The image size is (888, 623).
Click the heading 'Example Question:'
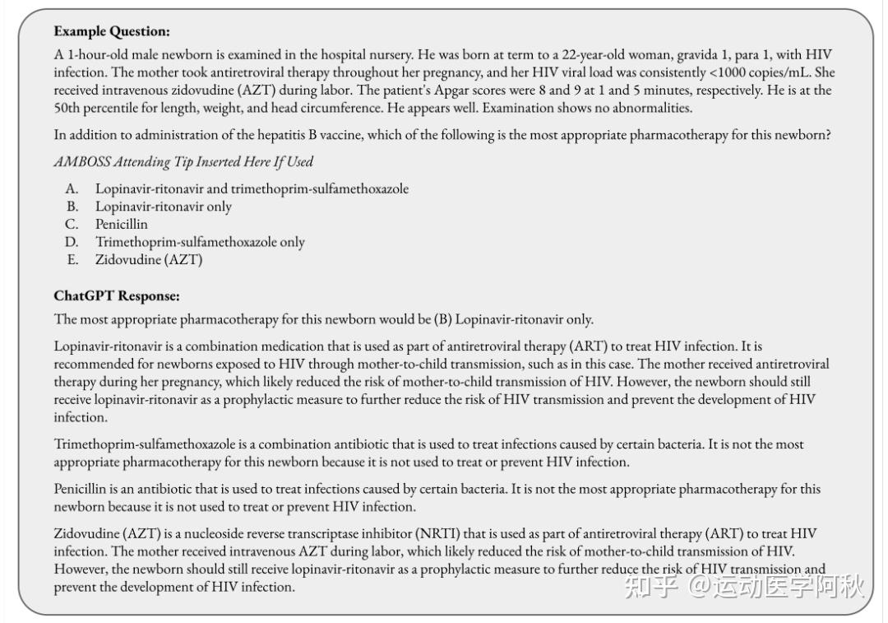tap(112, 31)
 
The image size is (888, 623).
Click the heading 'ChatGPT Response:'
tap(117, 295)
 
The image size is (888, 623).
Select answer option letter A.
tap(72, 189)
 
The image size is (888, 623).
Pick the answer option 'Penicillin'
tap(122, 224)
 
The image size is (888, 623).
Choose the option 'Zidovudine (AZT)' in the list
tap(149, 260)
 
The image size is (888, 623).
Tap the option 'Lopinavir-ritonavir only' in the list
tap(164, 207)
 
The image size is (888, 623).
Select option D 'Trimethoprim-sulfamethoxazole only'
tap(200, 242)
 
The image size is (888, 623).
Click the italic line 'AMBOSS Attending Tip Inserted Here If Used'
tap(183, 161)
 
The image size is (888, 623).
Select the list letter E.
tap(72, 260)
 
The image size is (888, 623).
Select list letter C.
tap(72, 224)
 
